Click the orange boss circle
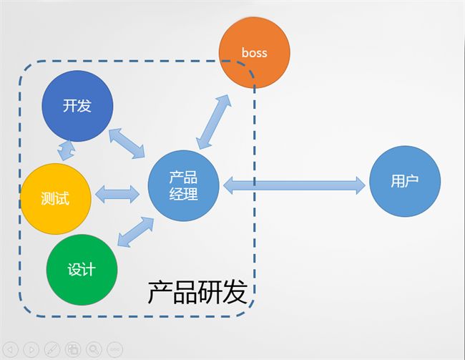[255, 52]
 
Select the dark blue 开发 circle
[77, 106]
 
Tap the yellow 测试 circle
[56, 199]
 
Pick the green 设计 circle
[82, 270]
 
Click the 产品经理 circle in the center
[184, 185]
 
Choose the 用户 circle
[405, 181]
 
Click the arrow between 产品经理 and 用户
[294, 185]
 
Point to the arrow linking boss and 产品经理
[213, 122]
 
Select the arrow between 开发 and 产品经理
[127, 143]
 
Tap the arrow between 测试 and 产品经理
[117, 195]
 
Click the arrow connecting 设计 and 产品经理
[136, 232]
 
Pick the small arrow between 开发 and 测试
[66, 150]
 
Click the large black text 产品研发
[197, 292]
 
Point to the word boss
[255, 53]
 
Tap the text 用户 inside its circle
[405, 181]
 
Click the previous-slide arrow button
[10, 349]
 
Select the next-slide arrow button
[31, 349]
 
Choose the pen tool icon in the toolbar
[52, 349]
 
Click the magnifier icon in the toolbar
[94, 349]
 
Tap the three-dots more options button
[114, 349]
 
